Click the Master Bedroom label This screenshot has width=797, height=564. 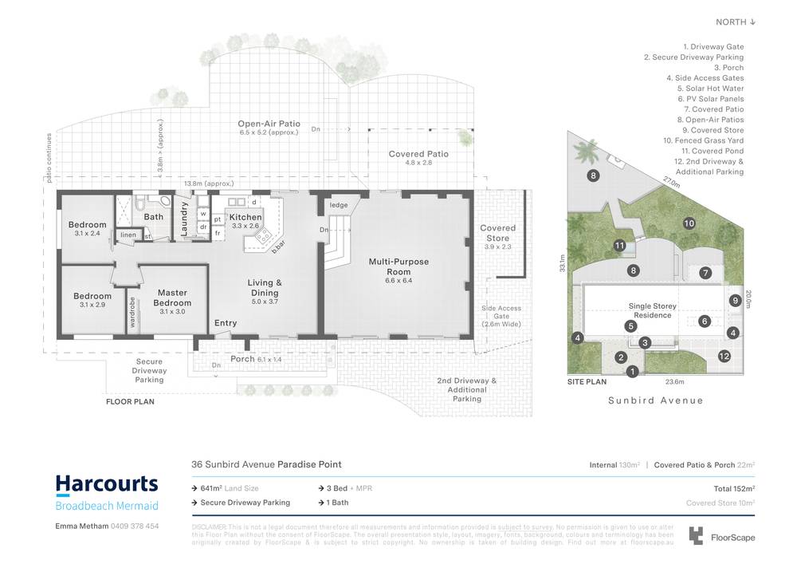172,298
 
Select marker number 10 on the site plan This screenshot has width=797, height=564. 689,223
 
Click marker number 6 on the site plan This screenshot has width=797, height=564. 705,321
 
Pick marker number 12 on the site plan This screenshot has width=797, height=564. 724,356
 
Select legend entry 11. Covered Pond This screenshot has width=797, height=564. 712,151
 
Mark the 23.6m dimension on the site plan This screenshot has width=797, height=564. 655,381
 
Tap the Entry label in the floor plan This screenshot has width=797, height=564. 226,323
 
